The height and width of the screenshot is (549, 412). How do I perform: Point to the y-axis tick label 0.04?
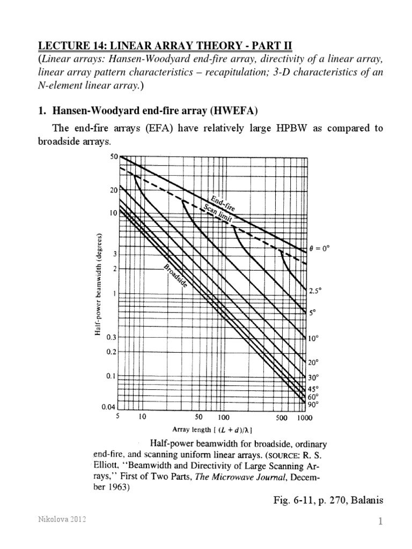(x=109, y=407)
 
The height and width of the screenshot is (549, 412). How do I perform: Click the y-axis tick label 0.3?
(x=111, y=337)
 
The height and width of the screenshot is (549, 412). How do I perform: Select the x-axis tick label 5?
(x=117, y=417)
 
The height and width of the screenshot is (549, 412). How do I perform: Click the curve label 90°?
(x=313, y=405)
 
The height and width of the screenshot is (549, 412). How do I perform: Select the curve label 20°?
(x=313, y=361)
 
